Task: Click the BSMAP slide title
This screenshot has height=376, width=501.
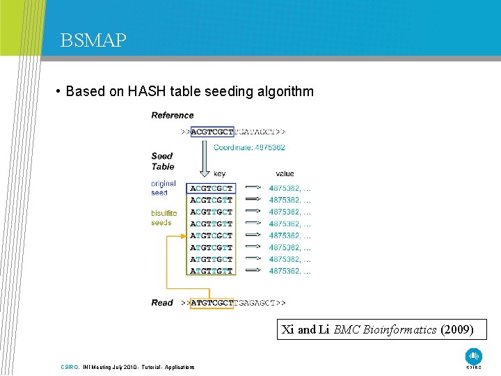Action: click(x=93, y=40)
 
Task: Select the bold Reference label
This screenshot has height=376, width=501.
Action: click(x=173, y=116)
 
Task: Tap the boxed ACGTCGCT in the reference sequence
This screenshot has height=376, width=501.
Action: click(x=212, y=131)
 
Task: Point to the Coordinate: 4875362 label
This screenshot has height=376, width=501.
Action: click(x=249, y=148)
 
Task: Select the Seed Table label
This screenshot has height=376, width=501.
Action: click(x=162, y=162)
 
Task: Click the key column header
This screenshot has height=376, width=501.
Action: click(x=219, y=173)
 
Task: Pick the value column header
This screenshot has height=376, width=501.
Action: click(x=285, y=173)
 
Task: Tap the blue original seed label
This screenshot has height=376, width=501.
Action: click(x=164, y=188)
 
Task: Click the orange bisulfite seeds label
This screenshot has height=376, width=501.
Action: click(x=164, y=218)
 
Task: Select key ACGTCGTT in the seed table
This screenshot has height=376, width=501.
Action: click(x=212, y=200)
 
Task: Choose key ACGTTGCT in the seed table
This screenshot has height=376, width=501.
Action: click(x=212, y=212)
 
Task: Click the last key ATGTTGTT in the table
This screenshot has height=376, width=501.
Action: click(x=212, y=271)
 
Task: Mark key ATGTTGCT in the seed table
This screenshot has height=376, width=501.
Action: click(x=212, y=259)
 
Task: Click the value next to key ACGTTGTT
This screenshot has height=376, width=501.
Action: click(x=289, y=224)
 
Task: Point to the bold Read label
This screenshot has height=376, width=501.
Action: click(x=162, y=303)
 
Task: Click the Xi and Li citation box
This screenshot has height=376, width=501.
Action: click(x=378, y=329)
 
